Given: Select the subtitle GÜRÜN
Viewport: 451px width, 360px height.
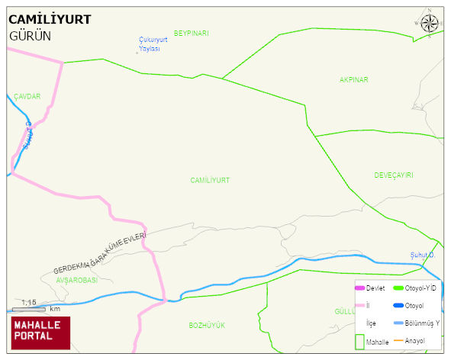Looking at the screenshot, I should pyautogui.click(x=30, y=36).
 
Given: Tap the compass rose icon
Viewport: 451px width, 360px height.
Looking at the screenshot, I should pyautogui.click(x=430, y=23).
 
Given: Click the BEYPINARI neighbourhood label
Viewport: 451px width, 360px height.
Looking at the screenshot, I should pyautogui.click(x=191, y=33).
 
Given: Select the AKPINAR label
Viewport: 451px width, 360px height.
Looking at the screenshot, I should pyautogui.click(x=353, y=79).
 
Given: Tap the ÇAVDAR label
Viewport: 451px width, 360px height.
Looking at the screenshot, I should pyautogui.click(x=27, y=97).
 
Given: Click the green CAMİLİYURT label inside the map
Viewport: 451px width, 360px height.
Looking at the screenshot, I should pyautogui.click(x=210, y=180).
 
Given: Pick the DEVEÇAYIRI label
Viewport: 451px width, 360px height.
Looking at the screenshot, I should pyautogui.click(x=393, y=175).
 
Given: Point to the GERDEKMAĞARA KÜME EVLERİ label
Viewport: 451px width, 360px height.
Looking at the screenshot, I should pyautogui.click(x=99, y=254).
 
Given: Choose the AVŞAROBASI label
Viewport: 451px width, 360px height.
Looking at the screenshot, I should pyautogui.click(x=76, y=280).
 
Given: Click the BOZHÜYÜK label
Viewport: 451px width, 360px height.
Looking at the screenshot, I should pyautogui.click(x=207, y=325).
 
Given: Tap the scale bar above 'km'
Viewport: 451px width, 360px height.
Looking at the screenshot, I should pyautogui.click(x=29, y=310).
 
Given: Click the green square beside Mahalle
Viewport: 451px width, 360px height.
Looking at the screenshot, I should pyautogui.click(x=359, y=341).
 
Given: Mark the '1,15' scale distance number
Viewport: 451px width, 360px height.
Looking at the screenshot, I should pyautogui.click(x=29, y=303).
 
